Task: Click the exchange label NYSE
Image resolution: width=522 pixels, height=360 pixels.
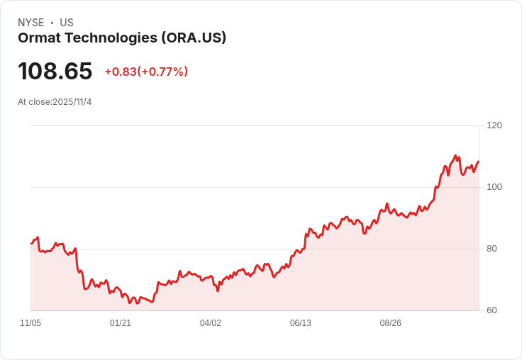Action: pos(30,23)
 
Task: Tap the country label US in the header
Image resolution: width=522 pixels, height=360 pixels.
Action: pos(67,23)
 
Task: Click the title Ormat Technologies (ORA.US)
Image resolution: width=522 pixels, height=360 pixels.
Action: pos(122,38)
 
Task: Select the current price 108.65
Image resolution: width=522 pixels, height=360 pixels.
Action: pos(55,72)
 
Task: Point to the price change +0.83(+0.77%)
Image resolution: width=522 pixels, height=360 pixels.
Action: pos(146,72)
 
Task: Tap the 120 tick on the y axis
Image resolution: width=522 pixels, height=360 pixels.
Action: pos(494,125)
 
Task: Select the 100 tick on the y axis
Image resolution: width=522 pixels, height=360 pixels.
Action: pos(494,187)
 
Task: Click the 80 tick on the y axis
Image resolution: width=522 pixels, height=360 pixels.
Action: pos(492,249)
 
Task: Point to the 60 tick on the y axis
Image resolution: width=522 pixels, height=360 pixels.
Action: pos(492,310)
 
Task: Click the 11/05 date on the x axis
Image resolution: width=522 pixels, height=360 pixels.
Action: pos(30,323)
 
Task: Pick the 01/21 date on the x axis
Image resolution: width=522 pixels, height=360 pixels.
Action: pos(121,323)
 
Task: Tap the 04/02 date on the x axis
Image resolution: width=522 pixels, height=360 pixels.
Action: pos(211,323)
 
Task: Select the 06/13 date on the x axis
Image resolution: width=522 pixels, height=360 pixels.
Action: pos(301,323)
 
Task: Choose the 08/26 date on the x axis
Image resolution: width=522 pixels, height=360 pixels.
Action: pos(391,323)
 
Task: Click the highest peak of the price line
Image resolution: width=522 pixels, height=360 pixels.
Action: pos(455,155)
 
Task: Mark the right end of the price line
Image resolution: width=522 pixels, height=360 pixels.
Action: pos(479,162)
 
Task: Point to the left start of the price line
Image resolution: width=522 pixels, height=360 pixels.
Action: pos(31,243)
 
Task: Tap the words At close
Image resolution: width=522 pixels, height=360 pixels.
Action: pos(34,102)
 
